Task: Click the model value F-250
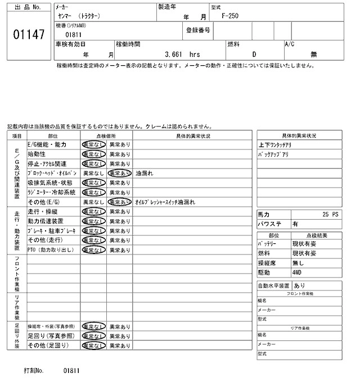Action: (x=229, y=16)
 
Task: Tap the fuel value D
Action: (x=254, y=54)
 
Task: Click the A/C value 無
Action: (x=314, y=54)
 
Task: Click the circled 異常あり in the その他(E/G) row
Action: (x=119, y=202)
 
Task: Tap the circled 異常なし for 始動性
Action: (x=93, y=154)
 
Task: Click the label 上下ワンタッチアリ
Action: (x=276, y=145)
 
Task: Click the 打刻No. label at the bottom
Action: (x=35, y=371)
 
